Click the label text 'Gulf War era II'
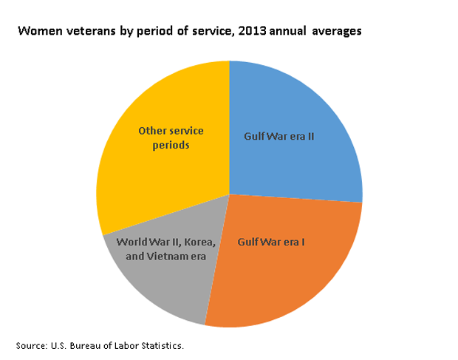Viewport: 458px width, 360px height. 279,137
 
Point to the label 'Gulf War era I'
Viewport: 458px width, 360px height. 271,242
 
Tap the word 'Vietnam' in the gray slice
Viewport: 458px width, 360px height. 168,257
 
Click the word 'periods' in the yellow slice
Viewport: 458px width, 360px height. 171,145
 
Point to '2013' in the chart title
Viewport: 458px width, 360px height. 252,31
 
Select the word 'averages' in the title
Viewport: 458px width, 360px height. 337,31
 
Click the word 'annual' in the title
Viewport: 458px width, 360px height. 287,31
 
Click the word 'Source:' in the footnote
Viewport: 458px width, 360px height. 32,346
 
